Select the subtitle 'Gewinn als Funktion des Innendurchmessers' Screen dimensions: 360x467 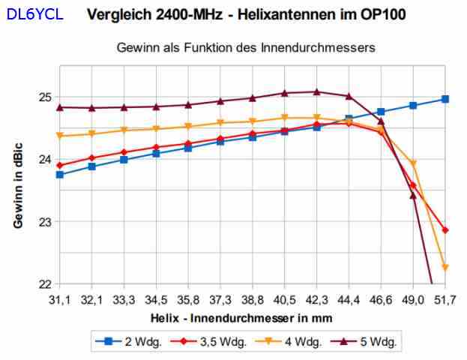point(246,47)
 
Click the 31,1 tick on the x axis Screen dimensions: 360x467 point(59,298)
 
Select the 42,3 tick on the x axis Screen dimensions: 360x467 point(317,298)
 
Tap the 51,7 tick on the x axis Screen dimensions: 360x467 point(445,298)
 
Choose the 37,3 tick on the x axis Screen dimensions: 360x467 point(220,298)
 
